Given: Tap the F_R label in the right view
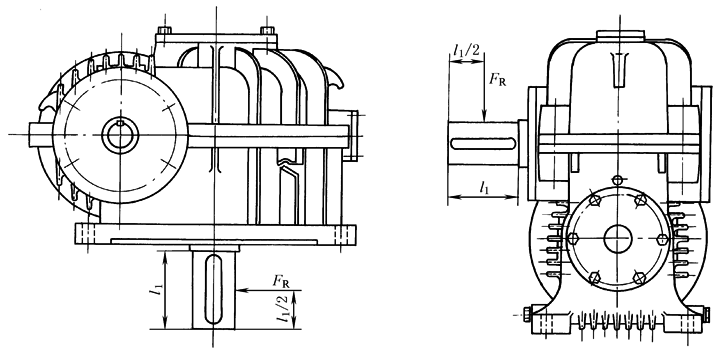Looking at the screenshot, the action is click(497, 80).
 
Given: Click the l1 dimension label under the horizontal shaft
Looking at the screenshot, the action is click(485, 187).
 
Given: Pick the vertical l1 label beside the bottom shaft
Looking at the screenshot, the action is click(158, 290).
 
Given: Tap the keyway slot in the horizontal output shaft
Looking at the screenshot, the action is click(483, 143).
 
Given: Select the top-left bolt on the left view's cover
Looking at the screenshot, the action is click(164, 31).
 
